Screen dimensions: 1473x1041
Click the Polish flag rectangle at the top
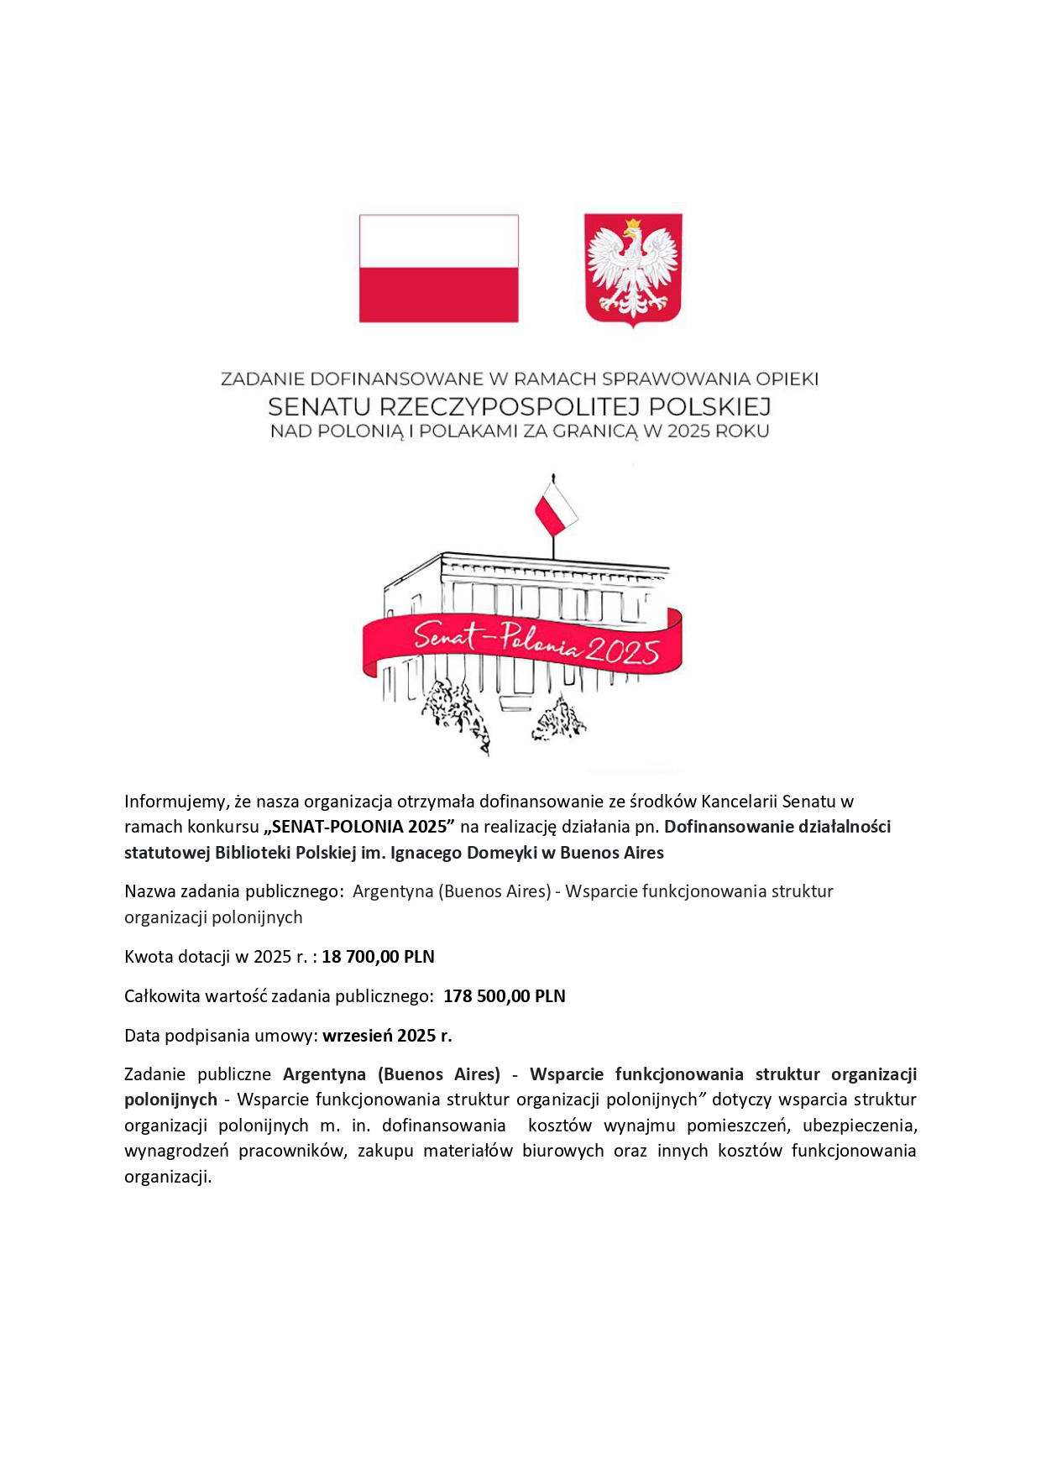tap(438, 268)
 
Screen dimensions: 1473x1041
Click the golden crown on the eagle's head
tap(633, 225)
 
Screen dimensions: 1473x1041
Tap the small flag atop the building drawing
tap(556, 509)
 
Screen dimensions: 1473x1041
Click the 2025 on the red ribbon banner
tap(622, 651)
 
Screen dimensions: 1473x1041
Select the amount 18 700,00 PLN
tap(378, 957)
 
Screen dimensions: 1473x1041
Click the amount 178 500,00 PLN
tap(504, 996)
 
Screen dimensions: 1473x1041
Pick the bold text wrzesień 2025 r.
tap(387, 1036)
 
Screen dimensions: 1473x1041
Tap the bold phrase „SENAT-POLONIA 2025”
tap(359, 827)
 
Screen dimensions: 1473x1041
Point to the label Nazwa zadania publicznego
tap(233, 891)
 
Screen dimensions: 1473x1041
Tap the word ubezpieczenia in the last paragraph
tap(859, 1126)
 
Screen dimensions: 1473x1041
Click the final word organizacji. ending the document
tap(168, 1177)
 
